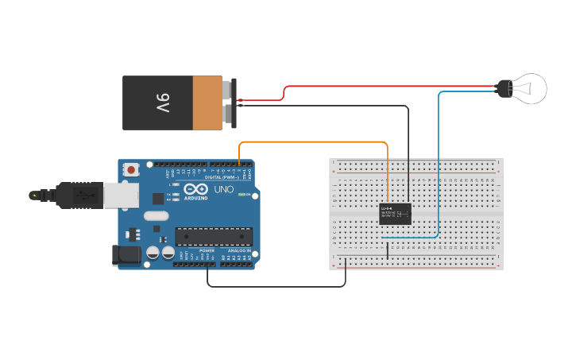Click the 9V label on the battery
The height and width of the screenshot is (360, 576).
point(161,103)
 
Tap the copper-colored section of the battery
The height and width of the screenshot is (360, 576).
point(207,103)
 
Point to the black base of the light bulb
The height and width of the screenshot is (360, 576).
point(504,88)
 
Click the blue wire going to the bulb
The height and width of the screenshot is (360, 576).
point(439,159)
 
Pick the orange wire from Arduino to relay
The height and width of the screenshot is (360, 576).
point(318,142)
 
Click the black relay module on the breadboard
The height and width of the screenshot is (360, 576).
point(395,213)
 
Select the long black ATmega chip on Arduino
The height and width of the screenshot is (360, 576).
point(214,236)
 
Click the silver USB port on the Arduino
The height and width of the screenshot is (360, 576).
point(121,195)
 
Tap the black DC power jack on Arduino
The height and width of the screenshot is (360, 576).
point(126,254)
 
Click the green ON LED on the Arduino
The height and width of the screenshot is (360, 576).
point(250,195)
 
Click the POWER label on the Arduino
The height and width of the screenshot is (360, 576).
point(196,250)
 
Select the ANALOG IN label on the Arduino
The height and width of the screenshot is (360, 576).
point(238,250)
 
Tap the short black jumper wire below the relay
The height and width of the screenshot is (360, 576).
point(387,250)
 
